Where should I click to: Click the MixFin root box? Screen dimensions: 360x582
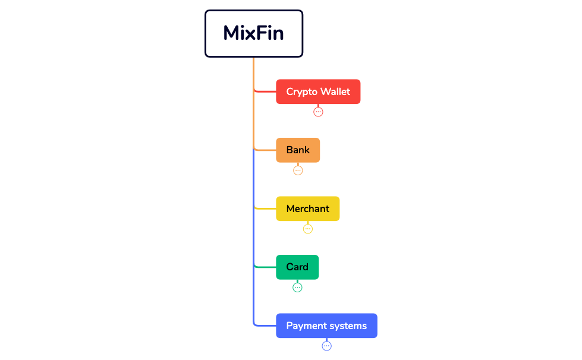(x=254, y=33)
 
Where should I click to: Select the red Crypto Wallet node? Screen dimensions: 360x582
(x=318, y=91)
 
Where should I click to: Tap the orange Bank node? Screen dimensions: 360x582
(x=298, y=150)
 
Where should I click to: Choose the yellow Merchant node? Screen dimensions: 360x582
(x=307, y=209)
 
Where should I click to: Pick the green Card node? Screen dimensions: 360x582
(x=297, y=267)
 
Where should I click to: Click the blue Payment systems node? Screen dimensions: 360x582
(x=326, y=326)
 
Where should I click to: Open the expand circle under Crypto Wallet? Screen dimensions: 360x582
(x=318, y=112)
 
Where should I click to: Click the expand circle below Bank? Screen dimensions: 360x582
(x=298, y=170)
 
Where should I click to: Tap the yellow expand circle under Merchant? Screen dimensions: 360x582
(x=307, y=229)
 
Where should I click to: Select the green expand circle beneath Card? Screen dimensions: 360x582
(x=297, y=288)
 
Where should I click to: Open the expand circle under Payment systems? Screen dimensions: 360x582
(x=326, y=346)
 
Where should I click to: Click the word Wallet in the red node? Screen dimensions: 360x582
(x=335, y=91)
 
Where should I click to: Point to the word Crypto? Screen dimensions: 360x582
(x=301, y=92)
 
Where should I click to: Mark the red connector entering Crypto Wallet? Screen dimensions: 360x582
(x=265, y=91)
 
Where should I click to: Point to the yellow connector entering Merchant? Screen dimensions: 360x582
(x=265, y=209)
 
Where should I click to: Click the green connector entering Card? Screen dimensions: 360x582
(x=265, y=267)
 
